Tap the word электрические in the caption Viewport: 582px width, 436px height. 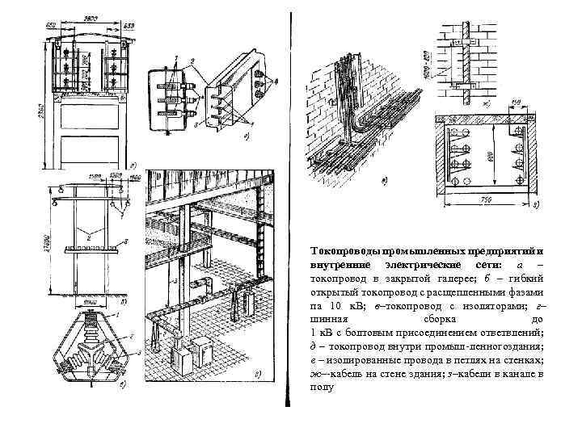(x=421, y=266)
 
